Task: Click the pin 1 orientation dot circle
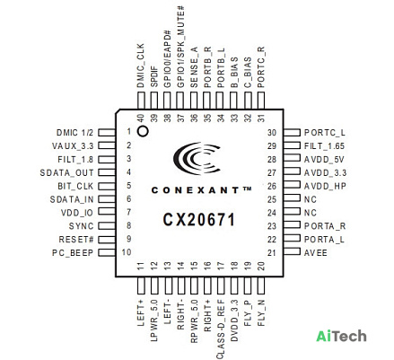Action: (x=143, y=131)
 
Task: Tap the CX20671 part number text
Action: (x=199, y=220)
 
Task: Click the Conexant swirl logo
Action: (x=197, y=158)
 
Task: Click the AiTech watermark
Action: (x=341, y=336)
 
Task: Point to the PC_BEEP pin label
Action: (x=73, y=253)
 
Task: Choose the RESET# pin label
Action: (x=76, y=240)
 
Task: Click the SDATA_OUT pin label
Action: (x=66, y=173)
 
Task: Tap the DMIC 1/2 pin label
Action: (x=74, y=133)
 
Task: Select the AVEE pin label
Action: (x=316, y=253)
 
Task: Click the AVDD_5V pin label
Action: (x=324, y=160)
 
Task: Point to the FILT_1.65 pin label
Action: (x=324, y=146)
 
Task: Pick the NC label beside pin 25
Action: (x=311, y=199)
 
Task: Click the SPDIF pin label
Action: (x=154, y=77)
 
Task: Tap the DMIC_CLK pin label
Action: (x=140, y=66)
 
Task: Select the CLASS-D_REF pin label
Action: (x=220, y=330)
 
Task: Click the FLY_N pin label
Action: (x=261, y=313)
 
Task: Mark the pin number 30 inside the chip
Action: (x=272, y=133)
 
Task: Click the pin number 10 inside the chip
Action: (x=127, y=252)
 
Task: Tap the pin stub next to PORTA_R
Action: (x=292, y=224)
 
